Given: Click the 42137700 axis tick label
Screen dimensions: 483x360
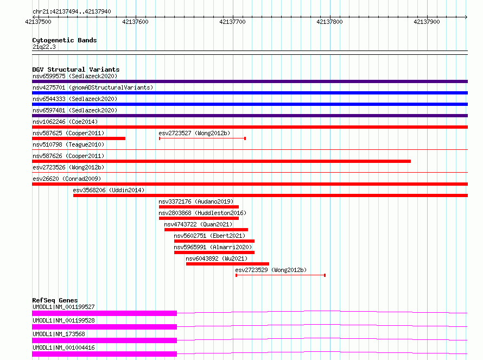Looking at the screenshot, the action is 232,22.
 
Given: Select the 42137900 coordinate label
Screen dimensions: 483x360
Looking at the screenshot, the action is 427,22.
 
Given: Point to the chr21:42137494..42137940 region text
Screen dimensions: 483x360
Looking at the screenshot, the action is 72,11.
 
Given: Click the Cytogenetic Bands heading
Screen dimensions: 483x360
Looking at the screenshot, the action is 65,40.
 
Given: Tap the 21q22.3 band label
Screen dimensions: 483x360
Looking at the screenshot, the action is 44,47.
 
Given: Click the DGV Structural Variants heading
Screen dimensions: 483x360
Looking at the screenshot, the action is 76,70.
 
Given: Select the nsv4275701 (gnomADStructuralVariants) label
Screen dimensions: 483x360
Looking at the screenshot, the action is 93,87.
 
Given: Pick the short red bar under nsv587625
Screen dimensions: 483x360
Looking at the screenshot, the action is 79,138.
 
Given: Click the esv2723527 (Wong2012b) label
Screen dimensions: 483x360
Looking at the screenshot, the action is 194,133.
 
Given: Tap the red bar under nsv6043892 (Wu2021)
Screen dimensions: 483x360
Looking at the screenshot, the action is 227,264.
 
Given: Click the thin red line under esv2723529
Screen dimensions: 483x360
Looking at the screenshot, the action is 281,275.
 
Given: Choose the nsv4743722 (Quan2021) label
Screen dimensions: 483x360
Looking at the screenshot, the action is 198,224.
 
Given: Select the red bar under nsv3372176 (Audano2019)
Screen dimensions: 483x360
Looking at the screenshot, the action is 199,207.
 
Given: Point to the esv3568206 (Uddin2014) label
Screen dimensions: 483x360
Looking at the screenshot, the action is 109,190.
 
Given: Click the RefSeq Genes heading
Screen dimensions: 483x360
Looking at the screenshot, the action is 55,300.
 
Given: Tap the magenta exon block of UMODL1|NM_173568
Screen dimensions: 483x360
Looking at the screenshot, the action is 104,340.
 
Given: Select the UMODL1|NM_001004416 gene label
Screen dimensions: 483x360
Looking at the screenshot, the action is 63,348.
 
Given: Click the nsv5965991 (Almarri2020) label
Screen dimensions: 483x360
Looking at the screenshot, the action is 213,247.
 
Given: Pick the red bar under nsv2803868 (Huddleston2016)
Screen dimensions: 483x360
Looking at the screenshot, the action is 199,218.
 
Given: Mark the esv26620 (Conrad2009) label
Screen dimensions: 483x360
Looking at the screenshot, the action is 67,179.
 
